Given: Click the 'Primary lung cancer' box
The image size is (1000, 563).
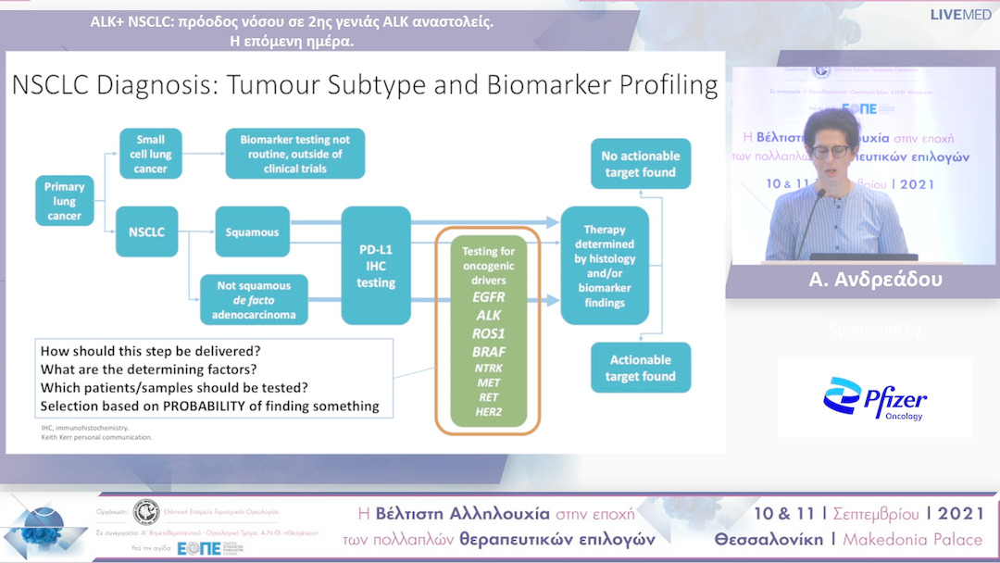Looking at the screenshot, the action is click(65, 201).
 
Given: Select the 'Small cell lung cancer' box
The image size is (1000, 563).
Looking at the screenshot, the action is click(151, 154).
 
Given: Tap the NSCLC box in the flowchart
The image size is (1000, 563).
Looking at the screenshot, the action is click(146, 231).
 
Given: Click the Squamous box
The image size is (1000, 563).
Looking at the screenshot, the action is click(252, 231).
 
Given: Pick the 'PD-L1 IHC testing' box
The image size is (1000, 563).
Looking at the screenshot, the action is click(376, 266).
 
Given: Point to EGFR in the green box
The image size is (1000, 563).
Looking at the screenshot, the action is click(488, 298).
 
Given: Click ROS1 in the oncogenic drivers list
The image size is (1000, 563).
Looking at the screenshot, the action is click(488, 332).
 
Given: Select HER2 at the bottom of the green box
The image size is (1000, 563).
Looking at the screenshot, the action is click(488, 411).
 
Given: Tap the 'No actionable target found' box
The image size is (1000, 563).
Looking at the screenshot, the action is click(641, 164).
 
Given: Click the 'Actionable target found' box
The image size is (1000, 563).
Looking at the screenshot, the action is click(641, 368).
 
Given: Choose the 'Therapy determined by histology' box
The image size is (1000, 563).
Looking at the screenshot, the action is click(605, 266).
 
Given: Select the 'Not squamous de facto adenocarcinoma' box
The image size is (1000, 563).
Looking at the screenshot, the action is click(254, 300).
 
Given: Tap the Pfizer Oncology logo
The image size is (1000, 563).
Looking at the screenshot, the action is click(875, 399).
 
